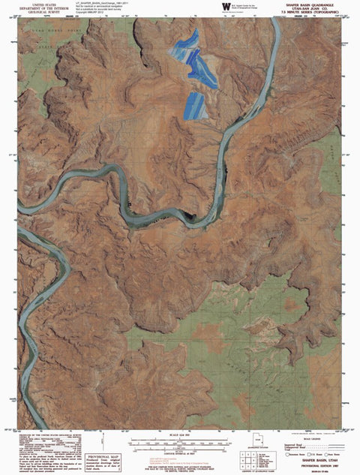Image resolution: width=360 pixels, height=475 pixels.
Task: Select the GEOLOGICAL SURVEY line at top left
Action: (x=37, y=14)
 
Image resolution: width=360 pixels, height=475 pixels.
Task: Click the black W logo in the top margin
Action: (x=226, y=7)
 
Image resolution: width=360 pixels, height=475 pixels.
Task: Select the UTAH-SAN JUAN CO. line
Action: (x=316, y=8)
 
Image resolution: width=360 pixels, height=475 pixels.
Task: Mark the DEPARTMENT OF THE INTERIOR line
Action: (x=37, y=9)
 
